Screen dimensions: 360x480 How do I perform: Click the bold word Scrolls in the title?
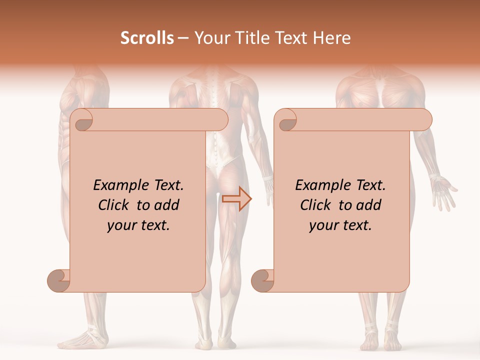click(x=147, y=38)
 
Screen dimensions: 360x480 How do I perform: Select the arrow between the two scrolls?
click(x=236, y=199)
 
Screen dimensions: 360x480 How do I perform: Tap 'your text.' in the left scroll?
click(x=138, y=225)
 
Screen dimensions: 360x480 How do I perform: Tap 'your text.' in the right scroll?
click(x=340, y=225)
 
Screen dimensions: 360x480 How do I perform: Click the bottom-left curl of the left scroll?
click(x=59, y=280)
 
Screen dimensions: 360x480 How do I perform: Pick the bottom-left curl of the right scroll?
click(x=263, y=280)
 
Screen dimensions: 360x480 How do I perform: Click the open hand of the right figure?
click(x=444, y=191)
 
